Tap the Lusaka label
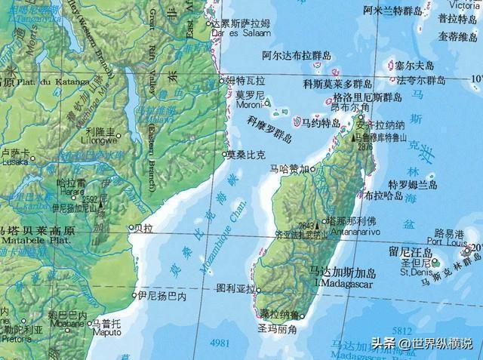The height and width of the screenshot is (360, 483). (14, 162)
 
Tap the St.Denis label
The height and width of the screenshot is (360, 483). (416, 272)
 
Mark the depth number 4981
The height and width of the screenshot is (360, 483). (221, 343)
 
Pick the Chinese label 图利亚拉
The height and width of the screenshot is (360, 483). (233, 288)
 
